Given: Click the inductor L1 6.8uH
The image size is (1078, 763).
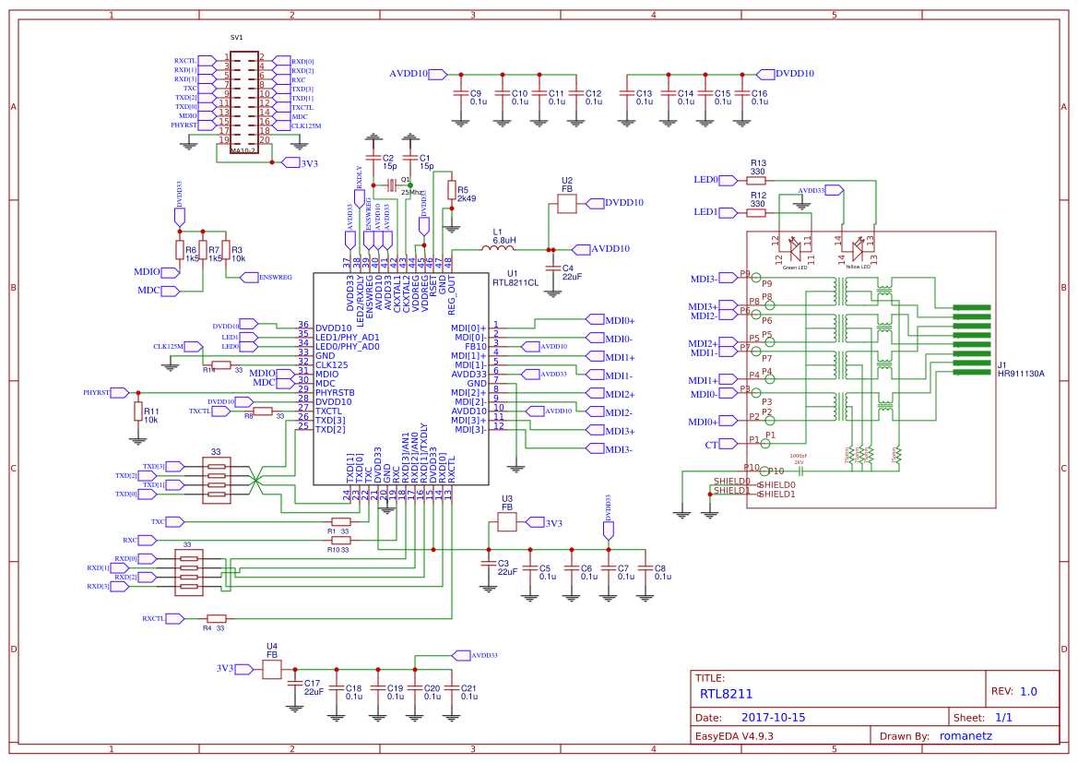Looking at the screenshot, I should (x=498, y=248).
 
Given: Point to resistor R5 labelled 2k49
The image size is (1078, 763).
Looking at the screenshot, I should (x=451, y=190).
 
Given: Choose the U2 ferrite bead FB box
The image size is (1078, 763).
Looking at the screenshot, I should (x=566, y=203).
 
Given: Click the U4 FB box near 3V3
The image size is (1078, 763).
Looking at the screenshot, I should (x=272, y=669).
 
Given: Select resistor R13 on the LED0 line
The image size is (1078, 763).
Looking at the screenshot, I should (x=756, y=180).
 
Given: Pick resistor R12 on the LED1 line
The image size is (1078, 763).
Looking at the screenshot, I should (x=756, y=212).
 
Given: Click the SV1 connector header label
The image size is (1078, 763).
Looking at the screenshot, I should (x=236, y=38).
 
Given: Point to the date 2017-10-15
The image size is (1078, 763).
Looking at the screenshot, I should (x=773, y=717).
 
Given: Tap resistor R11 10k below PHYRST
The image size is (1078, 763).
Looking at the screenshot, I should (x=138, y=411).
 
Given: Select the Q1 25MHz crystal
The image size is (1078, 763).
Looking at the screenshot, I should (x=391, y=185).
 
